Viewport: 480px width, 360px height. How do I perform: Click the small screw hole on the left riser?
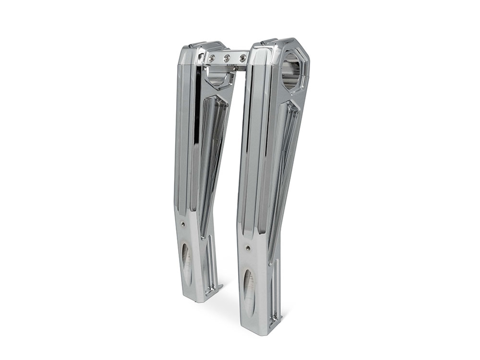(x=183, y=224)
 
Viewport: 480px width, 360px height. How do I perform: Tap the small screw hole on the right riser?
(x=248, y=248)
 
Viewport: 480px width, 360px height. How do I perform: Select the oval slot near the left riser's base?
(x=186, y=262)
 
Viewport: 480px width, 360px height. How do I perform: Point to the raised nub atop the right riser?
(x=268, y=42)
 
